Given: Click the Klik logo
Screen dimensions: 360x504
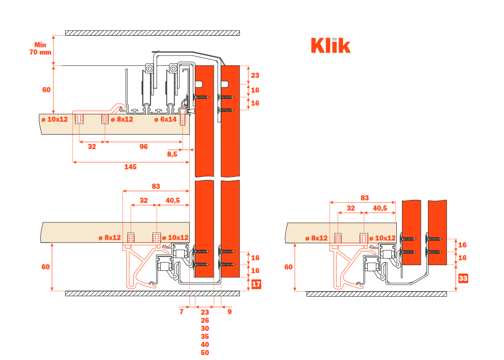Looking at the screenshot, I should point(331,45).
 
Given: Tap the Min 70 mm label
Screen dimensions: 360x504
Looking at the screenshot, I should point(40,48).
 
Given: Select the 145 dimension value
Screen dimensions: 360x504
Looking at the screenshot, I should point(130,166).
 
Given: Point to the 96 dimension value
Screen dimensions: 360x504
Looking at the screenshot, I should point(143,146).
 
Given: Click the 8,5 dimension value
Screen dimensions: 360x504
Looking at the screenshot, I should point(172,153).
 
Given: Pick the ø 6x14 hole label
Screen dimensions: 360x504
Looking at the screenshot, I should point(166,119).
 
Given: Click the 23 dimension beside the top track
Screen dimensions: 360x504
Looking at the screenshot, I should point(255,75).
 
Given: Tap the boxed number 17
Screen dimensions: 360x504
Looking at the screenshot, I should point(256,284).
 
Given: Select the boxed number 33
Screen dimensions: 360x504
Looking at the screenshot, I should point(463,278).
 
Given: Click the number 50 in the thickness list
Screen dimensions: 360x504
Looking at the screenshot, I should point(205,353).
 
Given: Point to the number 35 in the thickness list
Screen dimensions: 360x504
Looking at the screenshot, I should point(205,337).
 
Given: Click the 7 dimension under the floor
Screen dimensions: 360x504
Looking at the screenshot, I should point(181,312).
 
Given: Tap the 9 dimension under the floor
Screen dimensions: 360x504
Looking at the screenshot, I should point(230,312).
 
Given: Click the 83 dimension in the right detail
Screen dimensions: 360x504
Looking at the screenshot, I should point(364,197).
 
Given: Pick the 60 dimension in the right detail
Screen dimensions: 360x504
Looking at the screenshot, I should point(288,267).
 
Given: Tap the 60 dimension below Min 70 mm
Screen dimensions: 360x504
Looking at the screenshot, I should point(46,90).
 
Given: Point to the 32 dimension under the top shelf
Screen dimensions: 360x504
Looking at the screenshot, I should point(92,146).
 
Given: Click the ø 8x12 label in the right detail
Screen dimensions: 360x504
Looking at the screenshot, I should point(316,238).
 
